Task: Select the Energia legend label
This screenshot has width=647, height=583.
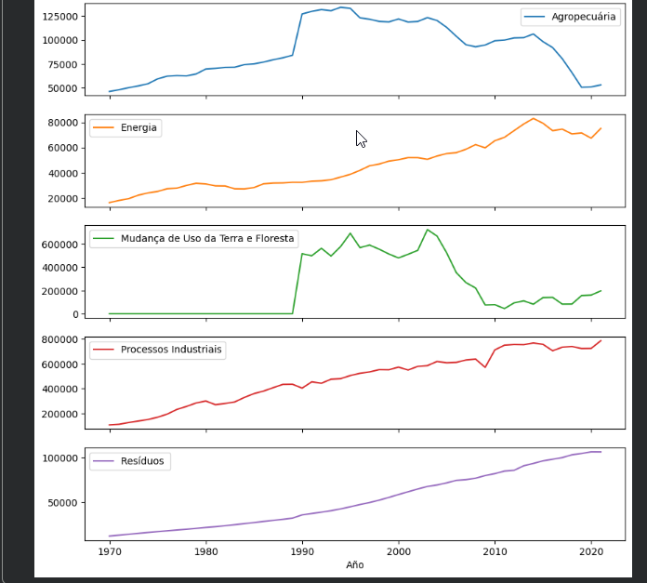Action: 139,128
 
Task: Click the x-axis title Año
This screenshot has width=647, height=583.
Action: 354,564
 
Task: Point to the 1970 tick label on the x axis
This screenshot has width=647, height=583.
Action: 109,550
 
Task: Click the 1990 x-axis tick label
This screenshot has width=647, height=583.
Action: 302,550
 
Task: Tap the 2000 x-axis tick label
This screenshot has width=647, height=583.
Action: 399,550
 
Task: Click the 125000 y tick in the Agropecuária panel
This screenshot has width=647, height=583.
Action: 58,17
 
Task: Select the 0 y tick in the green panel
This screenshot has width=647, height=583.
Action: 73,314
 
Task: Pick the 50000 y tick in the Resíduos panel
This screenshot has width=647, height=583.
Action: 62,503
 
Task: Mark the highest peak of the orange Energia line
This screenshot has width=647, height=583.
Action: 533,118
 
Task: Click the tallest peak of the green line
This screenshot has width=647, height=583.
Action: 428,230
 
